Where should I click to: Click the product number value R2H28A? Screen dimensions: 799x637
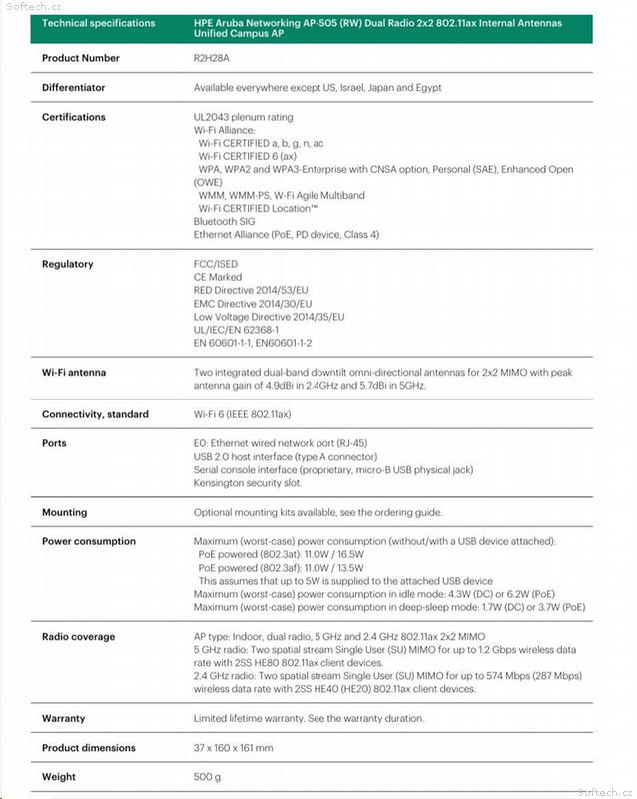click(212, 58)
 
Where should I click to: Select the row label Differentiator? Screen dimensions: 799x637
click(73, 88)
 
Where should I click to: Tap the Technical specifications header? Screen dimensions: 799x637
click(99, 22)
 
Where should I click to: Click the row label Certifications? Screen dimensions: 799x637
click(73, 117)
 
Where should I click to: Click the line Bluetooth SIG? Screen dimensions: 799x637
click(224, 221)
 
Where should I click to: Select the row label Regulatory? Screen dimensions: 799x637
click(67, 264)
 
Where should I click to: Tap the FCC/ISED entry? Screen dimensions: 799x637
click(216, 264)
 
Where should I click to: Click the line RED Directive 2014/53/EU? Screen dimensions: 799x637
click(251, 290)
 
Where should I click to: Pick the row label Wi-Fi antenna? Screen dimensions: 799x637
click(73, 373)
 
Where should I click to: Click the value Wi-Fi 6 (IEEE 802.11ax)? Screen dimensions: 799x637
click(242, 414)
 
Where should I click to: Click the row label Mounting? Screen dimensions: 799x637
click(64, 512)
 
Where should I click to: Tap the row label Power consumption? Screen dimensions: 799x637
click(88, 541)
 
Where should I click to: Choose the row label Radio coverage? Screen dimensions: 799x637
click(78, 636)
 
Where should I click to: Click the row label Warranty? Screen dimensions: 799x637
click(63, 718)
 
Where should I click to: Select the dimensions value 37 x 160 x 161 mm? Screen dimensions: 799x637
click(233, 748)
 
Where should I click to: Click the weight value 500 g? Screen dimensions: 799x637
click(207, 777)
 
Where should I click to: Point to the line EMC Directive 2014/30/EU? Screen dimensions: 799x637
click(253, 303)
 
